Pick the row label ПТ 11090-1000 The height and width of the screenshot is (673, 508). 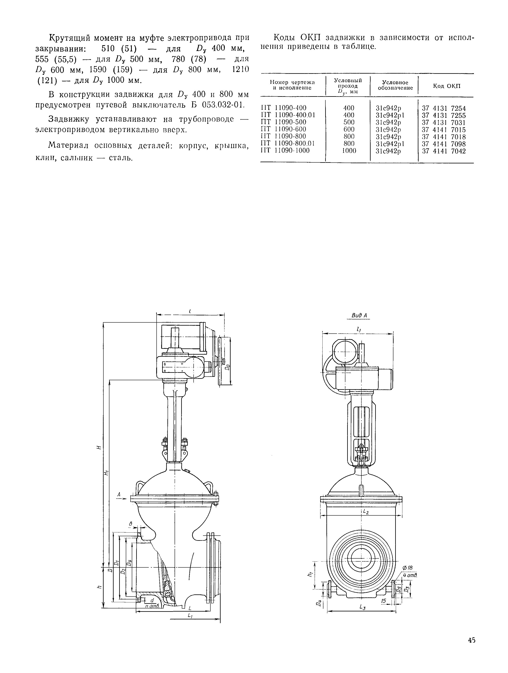(285, 151)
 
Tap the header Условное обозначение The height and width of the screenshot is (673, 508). (395, 85)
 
